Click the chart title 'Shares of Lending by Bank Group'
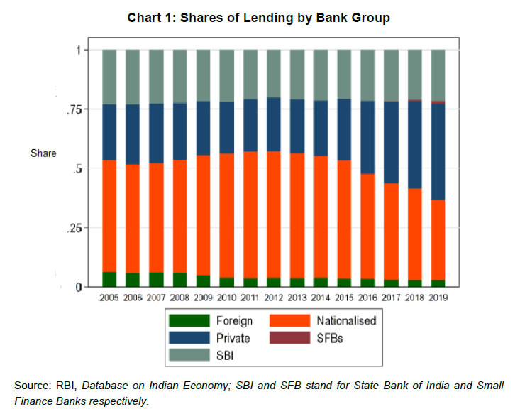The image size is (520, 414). pos(259,18)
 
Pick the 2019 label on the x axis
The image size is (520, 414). pos(443,297)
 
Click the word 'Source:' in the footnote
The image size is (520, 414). pos(31,385)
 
